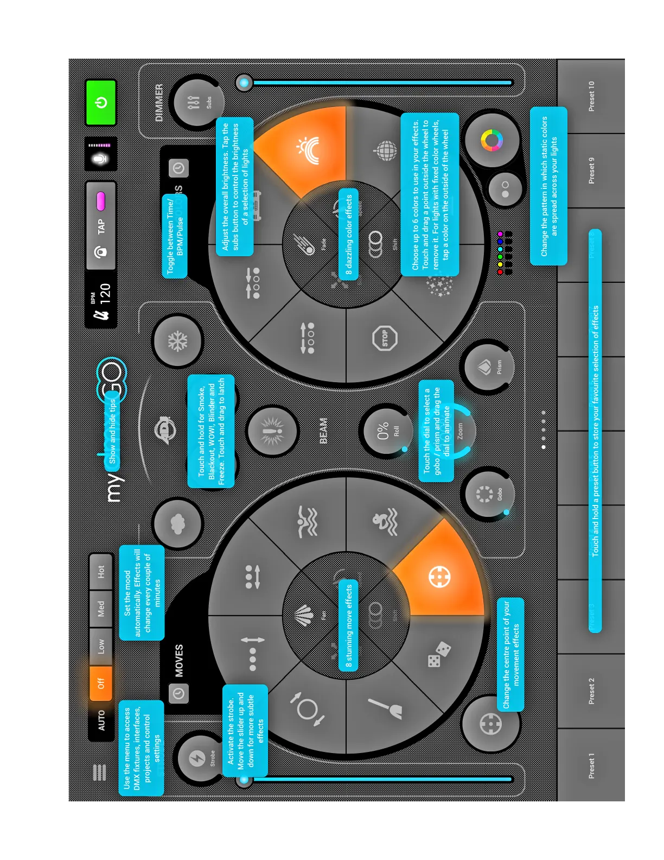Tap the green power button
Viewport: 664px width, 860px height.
(101, 102)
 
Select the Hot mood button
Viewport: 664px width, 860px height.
(101, 571)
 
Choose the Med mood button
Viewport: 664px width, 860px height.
(101, 609)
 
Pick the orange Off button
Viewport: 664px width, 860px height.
(101, 682)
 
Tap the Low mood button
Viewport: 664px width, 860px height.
(101, 646)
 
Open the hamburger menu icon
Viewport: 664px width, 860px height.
(100, 772)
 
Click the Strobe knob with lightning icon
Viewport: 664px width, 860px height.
(199, 758)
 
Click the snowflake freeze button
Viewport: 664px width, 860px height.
(177, 342)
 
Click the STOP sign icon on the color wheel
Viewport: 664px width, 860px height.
(385, 338)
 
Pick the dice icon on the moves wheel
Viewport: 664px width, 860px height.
(439, 654)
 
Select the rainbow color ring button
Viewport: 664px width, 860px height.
(491, 141)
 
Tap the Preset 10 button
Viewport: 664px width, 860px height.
(591, 97)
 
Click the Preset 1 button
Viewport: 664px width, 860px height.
(591, 766)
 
